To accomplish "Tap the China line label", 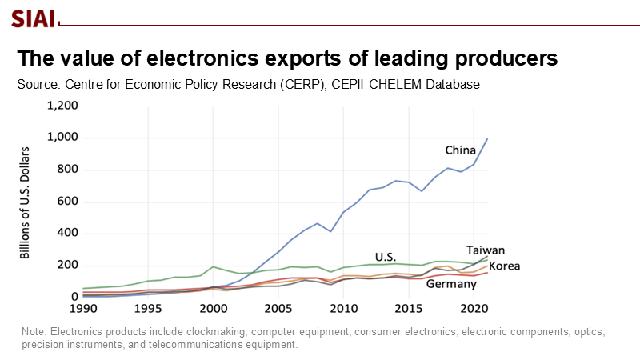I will tap(461, 150).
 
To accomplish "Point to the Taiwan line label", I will tap(486, 250).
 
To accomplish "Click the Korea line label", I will tap(505, 266).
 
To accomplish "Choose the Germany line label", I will tap(453, 284).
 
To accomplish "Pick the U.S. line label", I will tap(386, 257).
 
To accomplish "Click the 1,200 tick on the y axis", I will tap(62, 106).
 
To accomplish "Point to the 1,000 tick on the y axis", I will tap(62, 138).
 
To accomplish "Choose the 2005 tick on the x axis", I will tap(278, 308).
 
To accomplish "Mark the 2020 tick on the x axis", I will tap(474, 308).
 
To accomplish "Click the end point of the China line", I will tap(487, 138).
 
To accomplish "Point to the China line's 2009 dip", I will tap(330, 231).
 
